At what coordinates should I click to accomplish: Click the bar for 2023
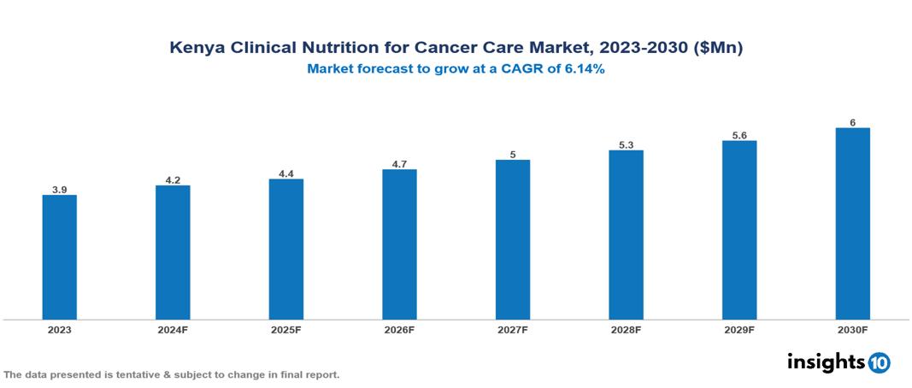59,257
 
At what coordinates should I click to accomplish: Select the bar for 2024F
173,252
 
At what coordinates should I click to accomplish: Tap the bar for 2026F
399,244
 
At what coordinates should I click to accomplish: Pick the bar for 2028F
626,235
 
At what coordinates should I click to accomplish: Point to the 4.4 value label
285,173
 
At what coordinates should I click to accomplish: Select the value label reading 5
513,155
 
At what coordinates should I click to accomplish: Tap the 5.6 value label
739,135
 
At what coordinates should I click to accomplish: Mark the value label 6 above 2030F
852,122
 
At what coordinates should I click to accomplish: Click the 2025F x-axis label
285,330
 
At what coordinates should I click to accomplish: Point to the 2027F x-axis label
513,330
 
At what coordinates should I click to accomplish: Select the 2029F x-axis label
739,330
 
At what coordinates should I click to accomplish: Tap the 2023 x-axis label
59,330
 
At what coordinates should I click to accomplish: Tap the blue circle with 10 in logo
879,362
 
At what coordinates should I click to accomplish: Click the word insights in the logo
826,362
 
